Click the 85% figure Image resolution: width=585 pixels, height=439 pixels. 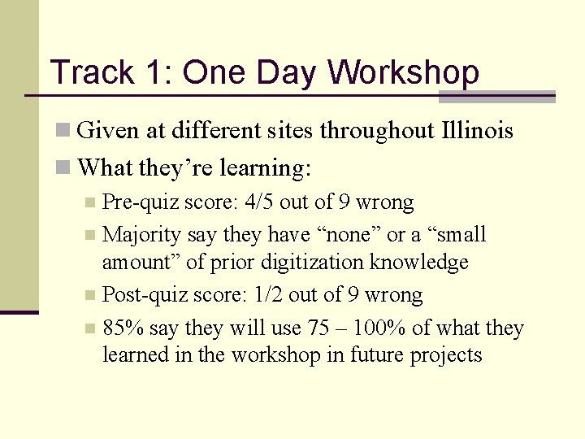pyautogui.click(x=120, y=328)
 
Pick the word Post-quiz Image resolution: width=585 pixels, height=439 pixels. pyautogui.click(x=144, y=295)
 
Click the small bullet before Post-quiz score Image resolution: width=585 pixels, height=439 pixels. pyautogui.click(x=93, y=296)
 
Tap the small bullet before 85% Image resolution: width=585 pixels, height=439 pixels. pyautogui.click(x=93, y=329)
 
